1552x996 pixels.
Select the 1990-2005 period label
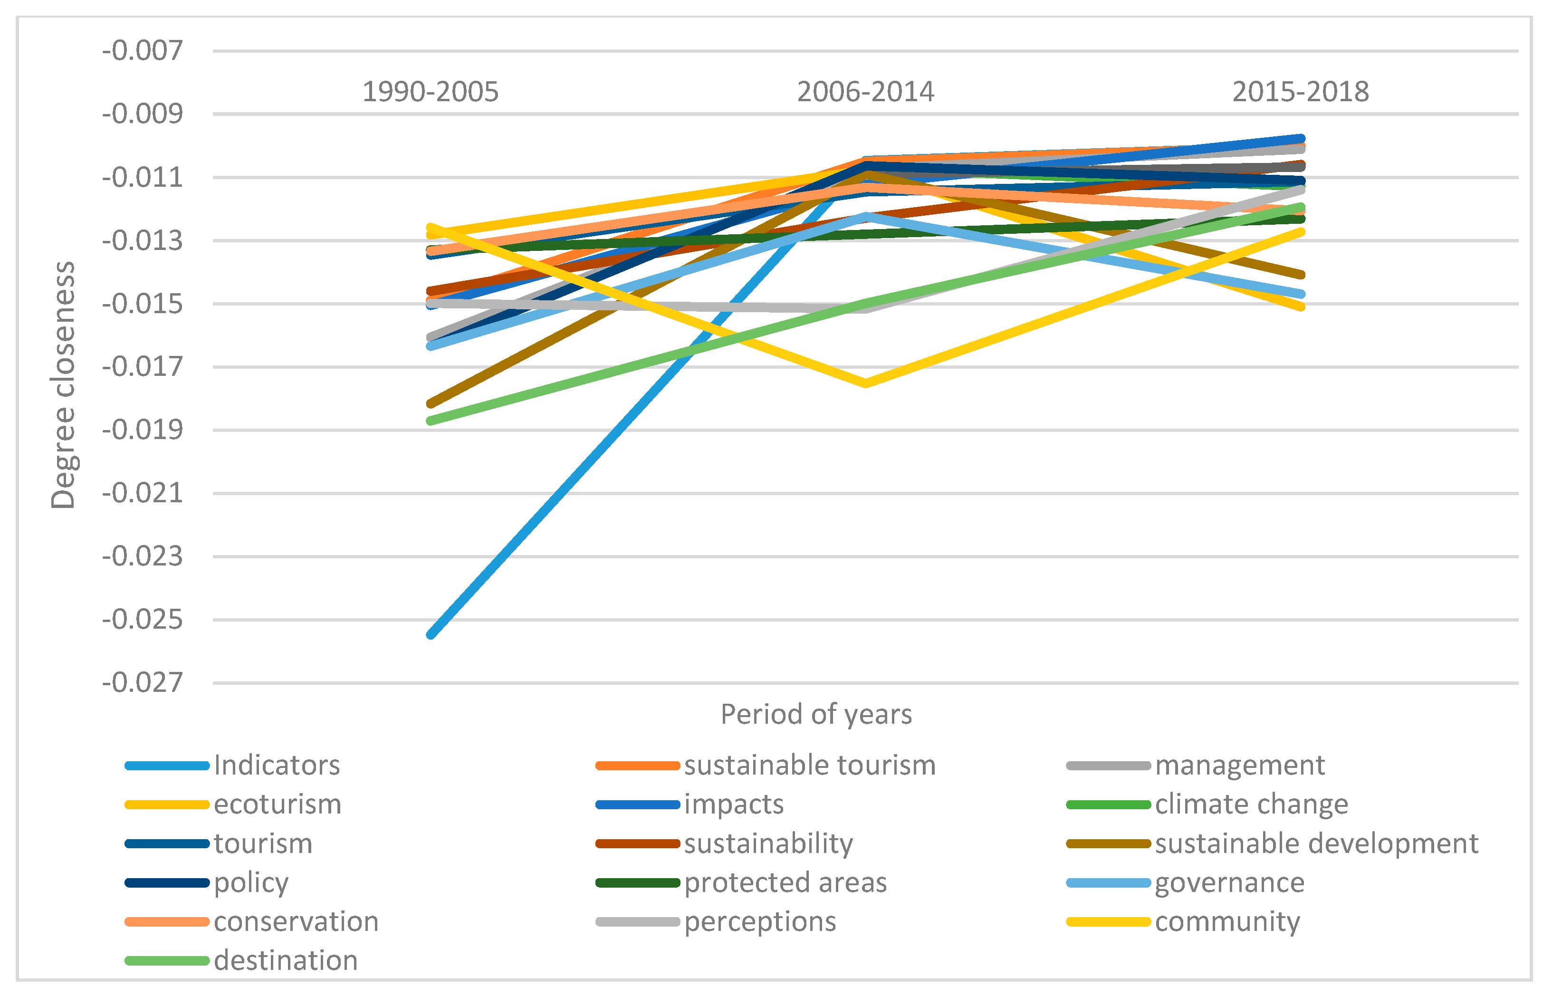[x=430, y=92]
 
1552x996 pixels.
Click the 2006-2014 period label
[x=865, y=92]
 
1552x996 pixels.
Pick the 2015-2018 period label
[x=1301, y=92]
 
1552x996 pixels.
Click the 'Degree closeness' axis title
[x=63, y=385]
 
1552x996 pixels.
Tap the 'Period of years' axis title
[x=816, y=715]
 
